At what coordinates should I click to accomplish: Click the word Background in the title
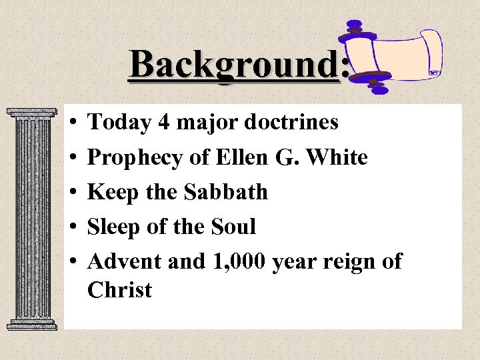[234, 65]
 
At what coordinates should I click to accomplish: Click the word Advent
[125, 261]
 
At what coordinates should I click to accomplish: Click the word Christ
[119, 290]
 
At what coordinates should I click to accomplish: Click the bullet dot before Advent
[71, 262]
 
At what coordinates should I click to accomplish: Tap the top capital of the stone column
[31, 115]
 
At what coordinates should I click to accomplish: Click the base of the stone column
[31, 323]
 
